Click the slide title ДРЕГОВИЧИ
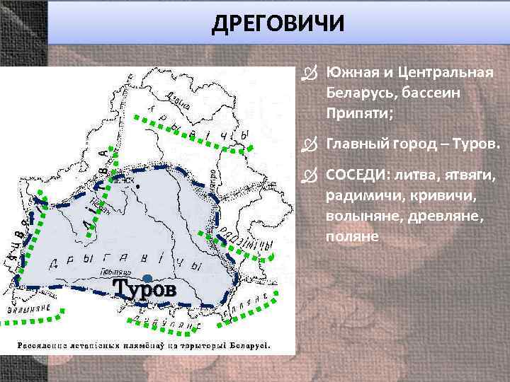tap(278, 23)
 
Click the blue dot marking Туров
tap(147, 277)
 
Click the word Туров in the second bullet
tap(480, 145)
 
